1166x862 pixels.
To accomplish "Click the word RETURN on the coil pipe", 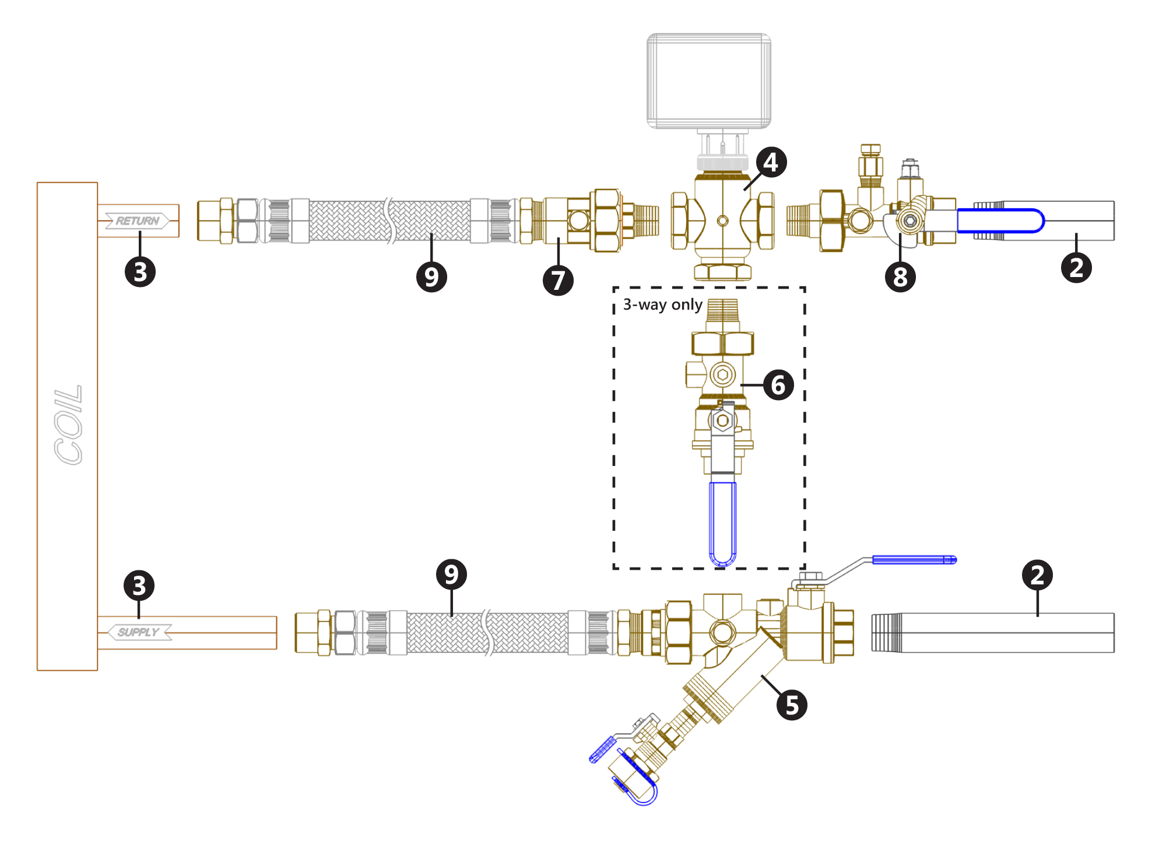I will tap(138, 221).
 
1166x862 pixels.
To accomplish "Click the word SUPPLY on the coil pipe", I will tap(138, 632).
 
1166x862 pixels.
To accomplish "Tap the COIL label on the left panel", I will tap(68, 425).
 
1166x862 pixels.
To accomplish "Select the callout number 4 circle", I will tap(771, 162).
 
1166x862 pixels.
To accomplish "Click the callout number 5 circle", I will tap(792, 705).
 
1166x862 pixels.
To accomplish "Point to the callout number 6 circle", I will tap(778, 385).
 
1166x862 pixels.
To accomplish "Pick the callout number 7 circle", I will tap(558, 281).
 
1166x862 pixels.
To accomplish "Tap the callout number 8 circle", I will tap(900, 277).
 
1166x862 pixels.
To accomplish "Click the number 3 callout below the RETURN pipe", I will tap(140, 272).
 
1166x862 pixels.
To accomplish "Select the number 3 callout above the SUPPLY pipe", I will tap(139, 586).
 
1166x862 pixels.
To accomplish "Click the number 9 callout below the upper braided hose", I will tap(431, 276).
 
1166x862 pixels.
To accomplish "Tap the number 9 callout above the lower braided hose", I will tap(451, 574).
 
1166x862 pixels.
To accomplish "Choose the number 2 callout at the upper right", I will tap(1076, 268).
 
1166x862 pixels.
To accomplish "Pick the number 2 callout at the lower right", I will tap(1037, 575).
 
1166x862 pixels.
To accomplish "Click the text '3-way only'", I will tap(662, 304).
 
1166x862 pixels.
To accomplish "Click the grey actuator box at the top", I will tap(709, 80).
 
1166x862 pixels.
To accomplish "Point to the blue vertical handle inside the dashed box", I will tap(722, 522).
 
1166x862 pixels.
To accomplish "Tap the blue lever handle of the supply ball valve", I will tap(914, 560).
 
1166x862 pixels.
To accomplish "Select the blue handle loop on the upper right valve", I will tap(1000, 221).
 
